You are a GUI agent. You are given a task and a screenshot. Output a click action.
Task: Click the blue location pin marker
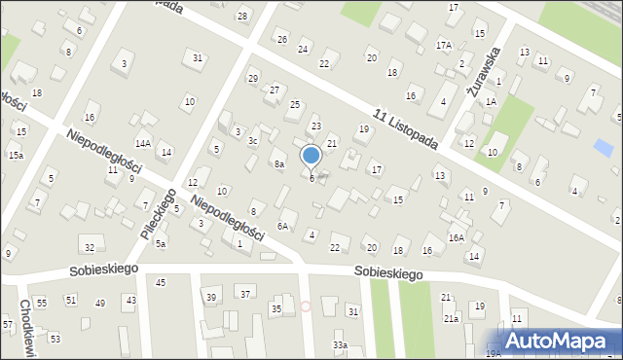click(x=311, y=156)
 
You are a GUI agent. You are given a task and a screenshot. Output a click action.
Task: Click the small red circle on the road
click(x=306, y=306)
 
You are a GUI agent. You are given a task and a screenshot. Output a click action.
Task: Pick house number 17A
click(x=444, y=46)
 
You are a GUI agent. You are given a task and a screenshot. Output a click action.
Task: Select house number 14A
click(x=142, y=143)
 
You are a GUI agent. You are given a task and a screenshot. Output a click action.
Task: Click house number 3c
click(x=252, y=141)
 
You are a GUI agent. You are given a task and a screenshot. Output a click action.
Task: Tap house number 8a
click(x=278, y=164)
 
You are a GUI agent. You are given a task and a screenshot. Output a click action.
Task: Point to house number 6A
click(x=282, y=226)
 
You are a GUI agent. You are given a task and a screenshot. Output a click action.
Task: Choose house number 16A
click(x=456, y=237)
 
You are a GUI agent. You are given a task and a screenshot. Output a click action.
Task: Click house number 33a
click(x=339, y=345)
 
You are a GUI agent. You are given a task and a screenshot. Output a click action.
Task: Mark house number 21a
click(x=451, y=318)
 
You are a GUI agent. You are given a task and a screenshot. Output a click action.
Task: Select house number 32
click(x=90, y=248)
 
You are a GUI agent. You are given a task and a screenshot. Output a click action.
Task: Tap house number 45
click(x=161, y=282)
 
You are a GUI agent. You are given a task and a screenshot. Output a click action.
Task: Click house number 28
click(x=241, y=18)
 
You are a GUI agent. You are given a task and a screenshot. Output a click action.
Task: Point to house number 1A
click(x=492, y=101)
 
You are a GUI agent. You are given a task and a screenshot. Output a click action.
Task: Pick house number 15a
click(x=16, y=155)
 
